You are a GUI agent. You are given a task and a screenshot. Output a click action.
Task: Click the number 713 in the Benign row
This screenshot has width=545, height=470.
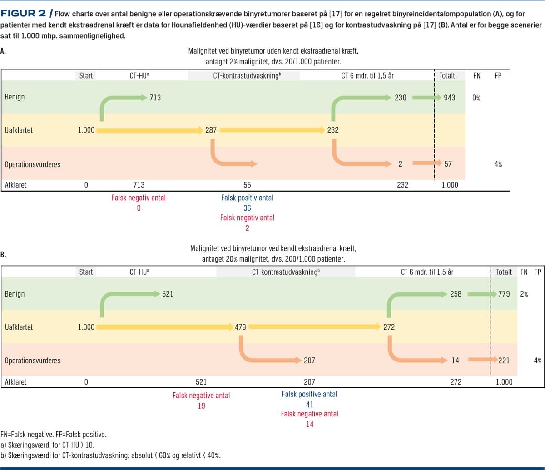point(154,97)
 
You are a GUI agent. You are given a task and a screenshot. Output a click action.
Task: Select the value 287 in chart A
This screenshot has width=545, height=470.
point(211,130)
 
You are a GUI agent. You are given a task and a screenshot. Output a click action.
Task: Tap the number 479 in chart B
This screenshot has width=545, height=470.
point(240,327)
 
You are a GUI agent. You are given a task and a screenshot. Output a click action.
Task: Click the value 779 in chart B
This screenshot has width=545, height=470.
point(504,294)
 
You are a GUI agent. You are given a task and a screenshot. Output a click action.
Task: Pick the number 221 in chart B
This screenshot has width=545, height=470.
point(504,361)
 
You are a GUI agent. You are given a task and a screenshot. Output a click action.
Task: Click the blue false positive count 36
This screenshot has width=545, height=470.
point(247,208)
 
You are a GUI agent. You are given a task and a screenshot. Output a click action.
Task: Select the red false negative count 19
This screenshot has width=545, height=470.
point(201,406)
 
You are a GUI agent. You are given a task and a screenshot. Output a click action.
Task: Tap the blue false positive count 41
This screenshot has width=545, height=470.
point(309,404)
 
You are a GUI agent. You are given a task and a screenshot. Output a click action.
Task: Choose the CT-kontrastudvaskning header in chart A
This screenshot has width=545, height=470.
point(244,75)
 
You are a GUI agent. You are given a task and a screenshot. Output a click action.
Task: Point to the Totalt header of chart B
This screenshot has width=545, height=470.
point(504,272)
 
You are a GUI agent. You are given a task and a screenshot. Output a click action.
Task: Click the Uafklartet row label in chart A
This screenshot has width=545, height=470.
point(19,130)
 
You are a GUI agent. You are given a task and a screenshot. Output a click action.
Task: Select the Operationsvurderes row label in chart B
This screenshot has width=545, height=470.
point(32,361)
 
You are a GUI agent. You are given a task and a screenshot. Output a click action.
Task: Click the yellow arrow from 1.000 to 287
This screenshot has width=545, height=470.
point(150,131)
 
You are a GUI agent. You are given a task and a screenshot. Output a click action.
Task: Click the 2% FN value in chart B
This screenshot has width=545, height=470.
point(525,294)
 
